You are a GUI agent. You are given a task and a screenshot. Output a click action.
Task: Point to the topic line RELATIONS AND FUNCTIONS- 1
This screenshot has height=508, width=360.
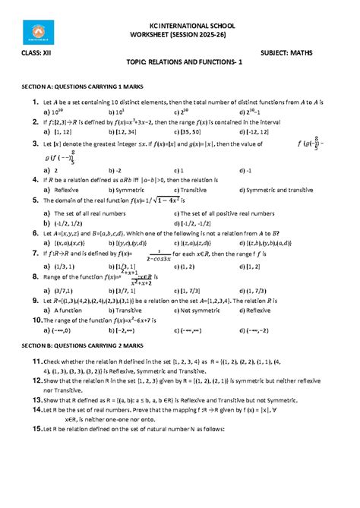coord(179,68)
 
